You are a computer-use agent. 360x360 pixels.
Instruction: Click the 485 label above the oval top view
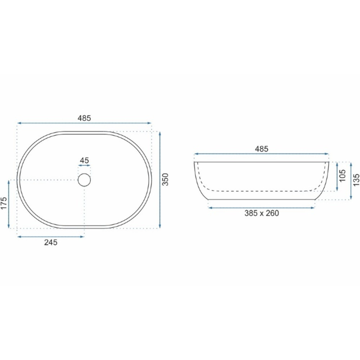(84, 118)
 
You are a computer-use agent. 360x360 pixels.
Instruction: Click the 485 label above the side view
(261, 149)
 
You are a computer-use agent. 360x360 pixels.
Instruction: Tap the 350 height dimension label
(165, 179)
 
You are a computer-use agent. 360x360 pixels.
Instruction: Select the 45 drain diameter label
(84, 160)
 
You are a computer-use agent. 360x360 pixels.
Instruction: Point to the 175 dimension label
(4, 203)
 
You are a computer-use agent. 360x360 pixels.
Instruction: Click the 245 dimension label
(51, 242)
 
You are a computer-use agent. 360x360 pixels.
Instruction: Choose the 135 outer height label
(356, 180)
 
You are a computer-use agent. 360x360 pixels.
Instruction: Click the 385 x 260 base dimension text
(261, 213)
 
